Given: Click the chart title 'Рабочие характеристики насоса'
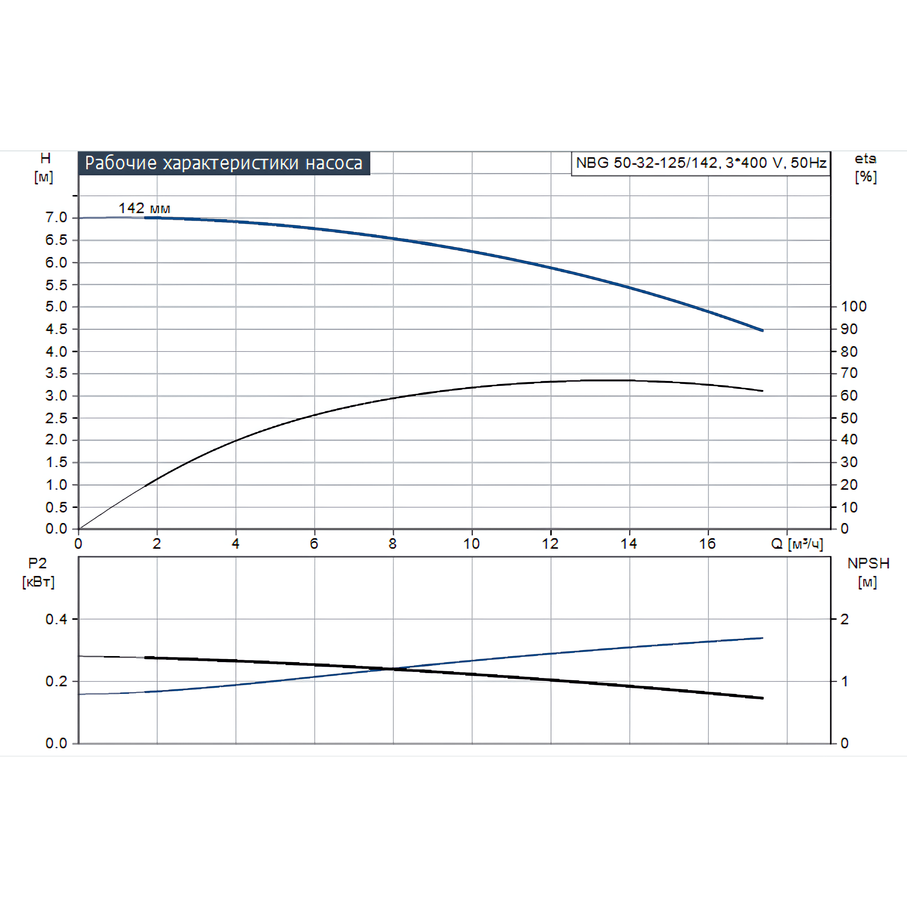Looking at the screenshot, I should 223,163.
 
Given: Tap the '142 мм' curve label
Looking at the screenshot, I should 144,208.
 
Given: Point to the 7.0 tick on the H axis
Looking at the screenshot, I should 56,217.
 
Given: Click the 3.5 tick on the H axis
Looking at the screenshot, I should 56,373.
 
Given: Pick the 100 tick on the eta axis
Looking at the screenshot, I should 853,306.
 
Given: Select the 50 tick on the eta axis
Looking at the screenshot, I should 849,418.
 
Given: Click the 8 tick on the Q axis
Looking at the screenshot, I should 393,544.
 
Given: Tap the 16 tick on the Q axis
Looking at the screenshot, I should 707,544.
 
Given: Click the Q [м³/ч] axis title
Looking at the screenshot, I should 797,544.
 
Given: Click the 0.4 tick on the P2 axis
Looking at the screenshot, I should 56,619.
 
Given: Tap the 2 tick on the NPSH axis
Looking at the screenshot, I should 845,619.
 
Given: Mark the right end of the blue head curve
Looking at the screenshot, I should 762,331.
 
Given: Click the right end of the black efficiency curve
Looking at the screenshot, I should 762,391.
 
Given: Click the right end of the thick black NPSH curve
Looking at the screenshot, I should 762,698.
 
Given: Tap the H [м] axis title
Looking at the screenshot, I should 44,167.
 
